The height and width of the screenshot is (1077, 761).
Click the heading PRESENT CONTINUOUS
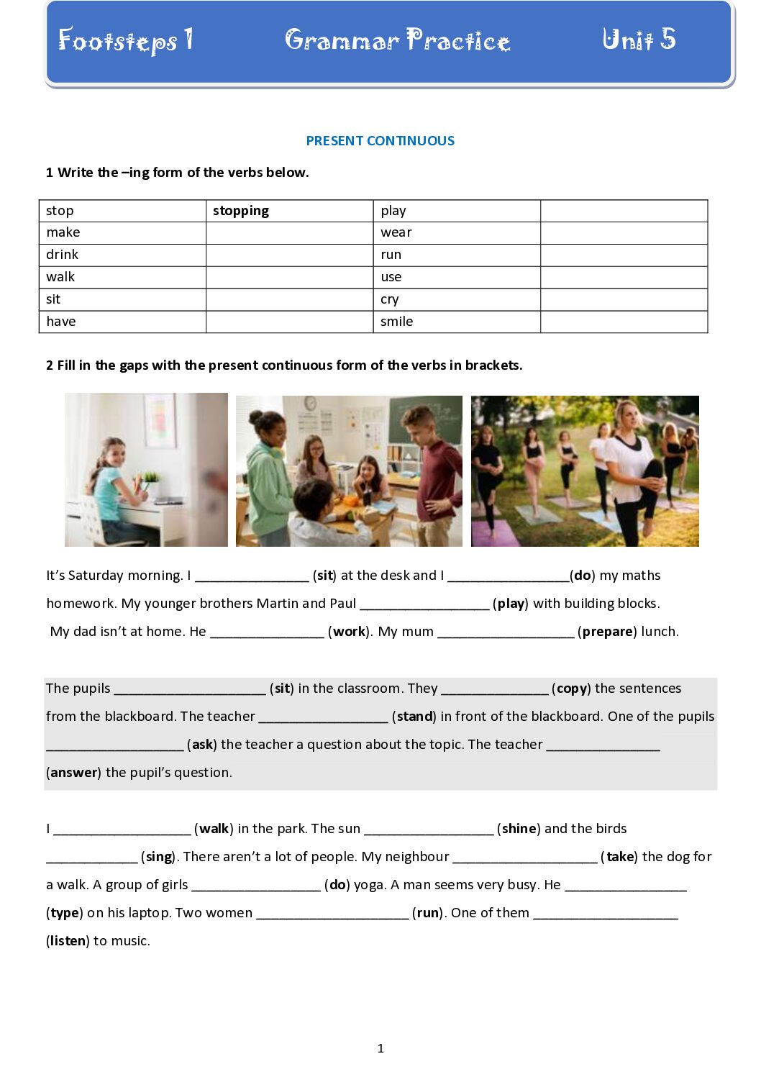point(380,141)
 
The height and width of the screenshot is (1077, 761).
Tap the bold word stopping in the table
point(241,211)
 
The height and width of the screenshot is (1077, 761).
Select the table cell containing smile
point(456,322)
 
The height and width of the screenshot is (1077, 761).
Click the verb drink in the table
point(63,255)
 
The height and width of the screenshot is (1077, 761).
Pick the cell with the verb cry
point(456,299)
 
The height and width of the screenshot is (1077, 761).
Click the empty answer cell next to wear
point(624,232)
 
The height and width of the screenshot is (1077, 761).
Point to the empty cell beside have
point(289,322)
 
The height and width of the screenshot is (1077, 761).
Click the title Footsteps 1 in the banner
point(125,40)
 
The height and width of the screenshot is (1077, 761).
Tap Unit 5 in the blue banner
point(639,39)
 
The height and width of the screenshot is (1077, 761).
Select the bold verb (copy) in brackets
point(572,689)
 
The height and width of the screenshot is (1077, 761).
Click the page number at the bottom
point(380,1049)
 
